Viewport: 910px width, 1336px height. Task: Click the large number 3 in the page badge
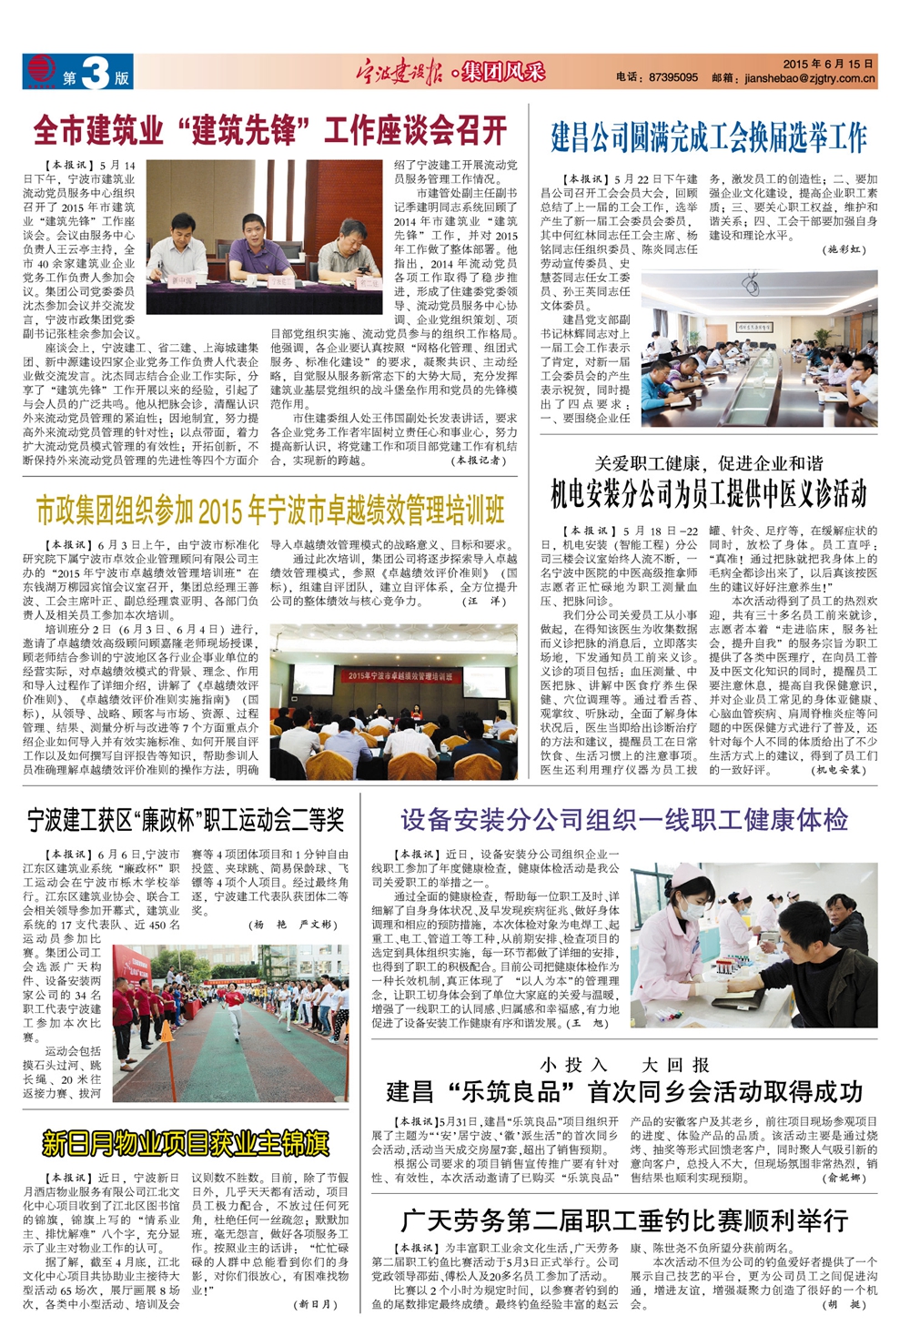94,73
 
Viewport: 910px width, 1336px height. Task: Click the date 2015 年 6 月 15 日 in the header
828,65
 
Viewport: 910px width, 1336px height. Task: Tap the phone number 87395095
673,78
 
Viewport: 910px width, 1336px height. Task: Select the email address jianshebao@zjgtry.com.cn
810,79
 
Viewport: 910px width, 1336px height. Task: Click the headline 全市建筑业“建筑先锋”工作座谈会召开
270,131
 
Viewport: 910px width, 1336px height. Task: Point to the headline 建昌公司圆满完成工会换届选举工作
709,137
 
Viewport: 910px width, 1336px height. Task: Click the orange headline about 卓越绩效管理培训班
270,511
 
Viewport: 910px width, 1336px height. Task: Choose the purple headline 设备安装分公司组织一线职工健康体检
624,820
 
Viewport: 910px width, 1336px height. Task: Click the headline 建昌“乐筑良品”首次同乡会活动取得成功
624,1091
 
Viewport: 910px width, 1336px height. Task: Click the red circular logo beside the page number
40,70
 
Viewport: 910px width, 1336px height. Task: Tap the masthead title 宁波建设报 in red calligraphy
399,73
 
